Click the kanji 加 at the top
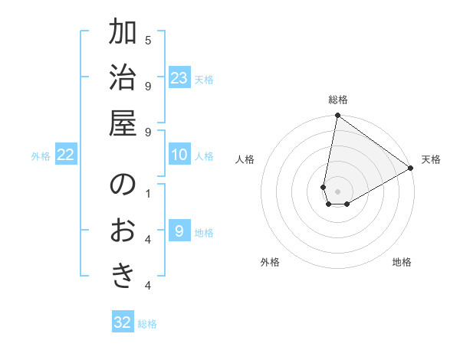[123, 34]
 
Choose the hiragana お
[123, 230]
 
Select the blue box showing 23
[179, 77]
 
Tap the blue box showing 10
[179, 155]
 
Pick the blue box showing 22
[66, 155]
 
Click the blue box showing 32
[123, 322]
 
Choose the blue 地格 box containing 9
[179, 231]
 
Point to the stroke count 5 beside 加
[148, 41]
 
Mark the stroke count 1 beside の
[148, 192]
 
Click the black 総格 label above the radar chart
[338, 100]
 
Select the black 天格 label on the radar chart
[431, 159]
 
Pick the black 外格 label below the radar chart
[270, 262]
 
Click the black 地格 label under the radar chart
[402, 262]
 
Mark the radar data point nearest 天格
[410, 169]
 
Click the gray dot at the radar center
[338, 191]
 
